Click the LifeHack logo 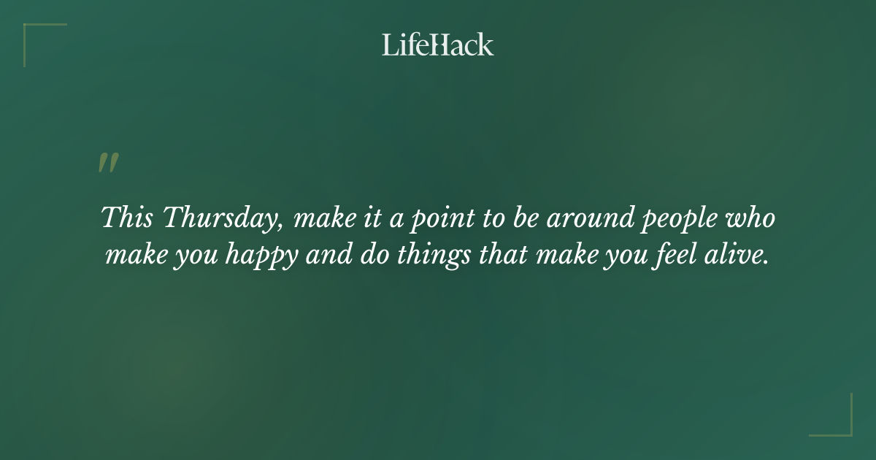[x=437, y=45]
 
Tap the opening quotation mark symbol [x=108, y=163]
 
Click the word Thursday [x=219, y=218]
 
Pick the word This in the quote [x=126, y=218]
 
